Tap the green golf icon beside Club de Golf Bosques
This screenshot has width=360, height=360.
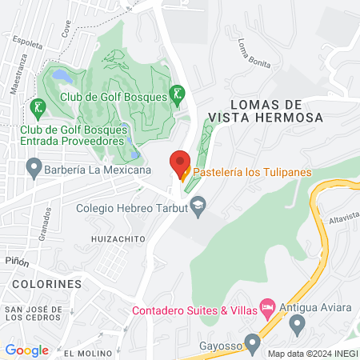coord(178,94)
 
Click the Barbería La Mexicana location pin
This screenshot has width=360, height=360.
coord(34,168)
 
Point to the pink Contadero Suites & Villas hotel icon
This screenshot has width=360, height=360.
coord(268,307)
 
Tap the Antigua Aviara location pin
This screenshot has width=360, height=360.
coord(298,324)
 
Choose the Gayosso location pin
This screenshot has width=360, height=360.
coord(253,344)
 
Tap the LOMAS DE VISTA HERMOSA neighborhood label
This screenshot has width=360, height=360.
coord(265,110)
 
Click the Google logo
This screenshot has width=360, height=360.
coord(26,350)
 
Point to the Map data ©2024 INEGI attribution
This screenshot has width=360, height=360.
coord(312,354)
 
